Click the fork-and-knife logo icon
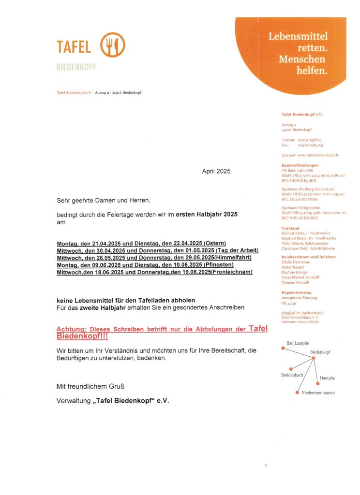[112, 45]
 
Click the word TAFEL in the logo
[74, 47]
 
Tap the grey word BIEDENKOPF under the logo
[76, 67]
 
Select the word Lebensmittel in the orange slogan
[298, 36]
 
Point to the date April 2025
[216, 171]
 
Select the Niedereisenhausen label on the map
[318, 393]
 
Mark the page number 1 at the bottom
[266, 466]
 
